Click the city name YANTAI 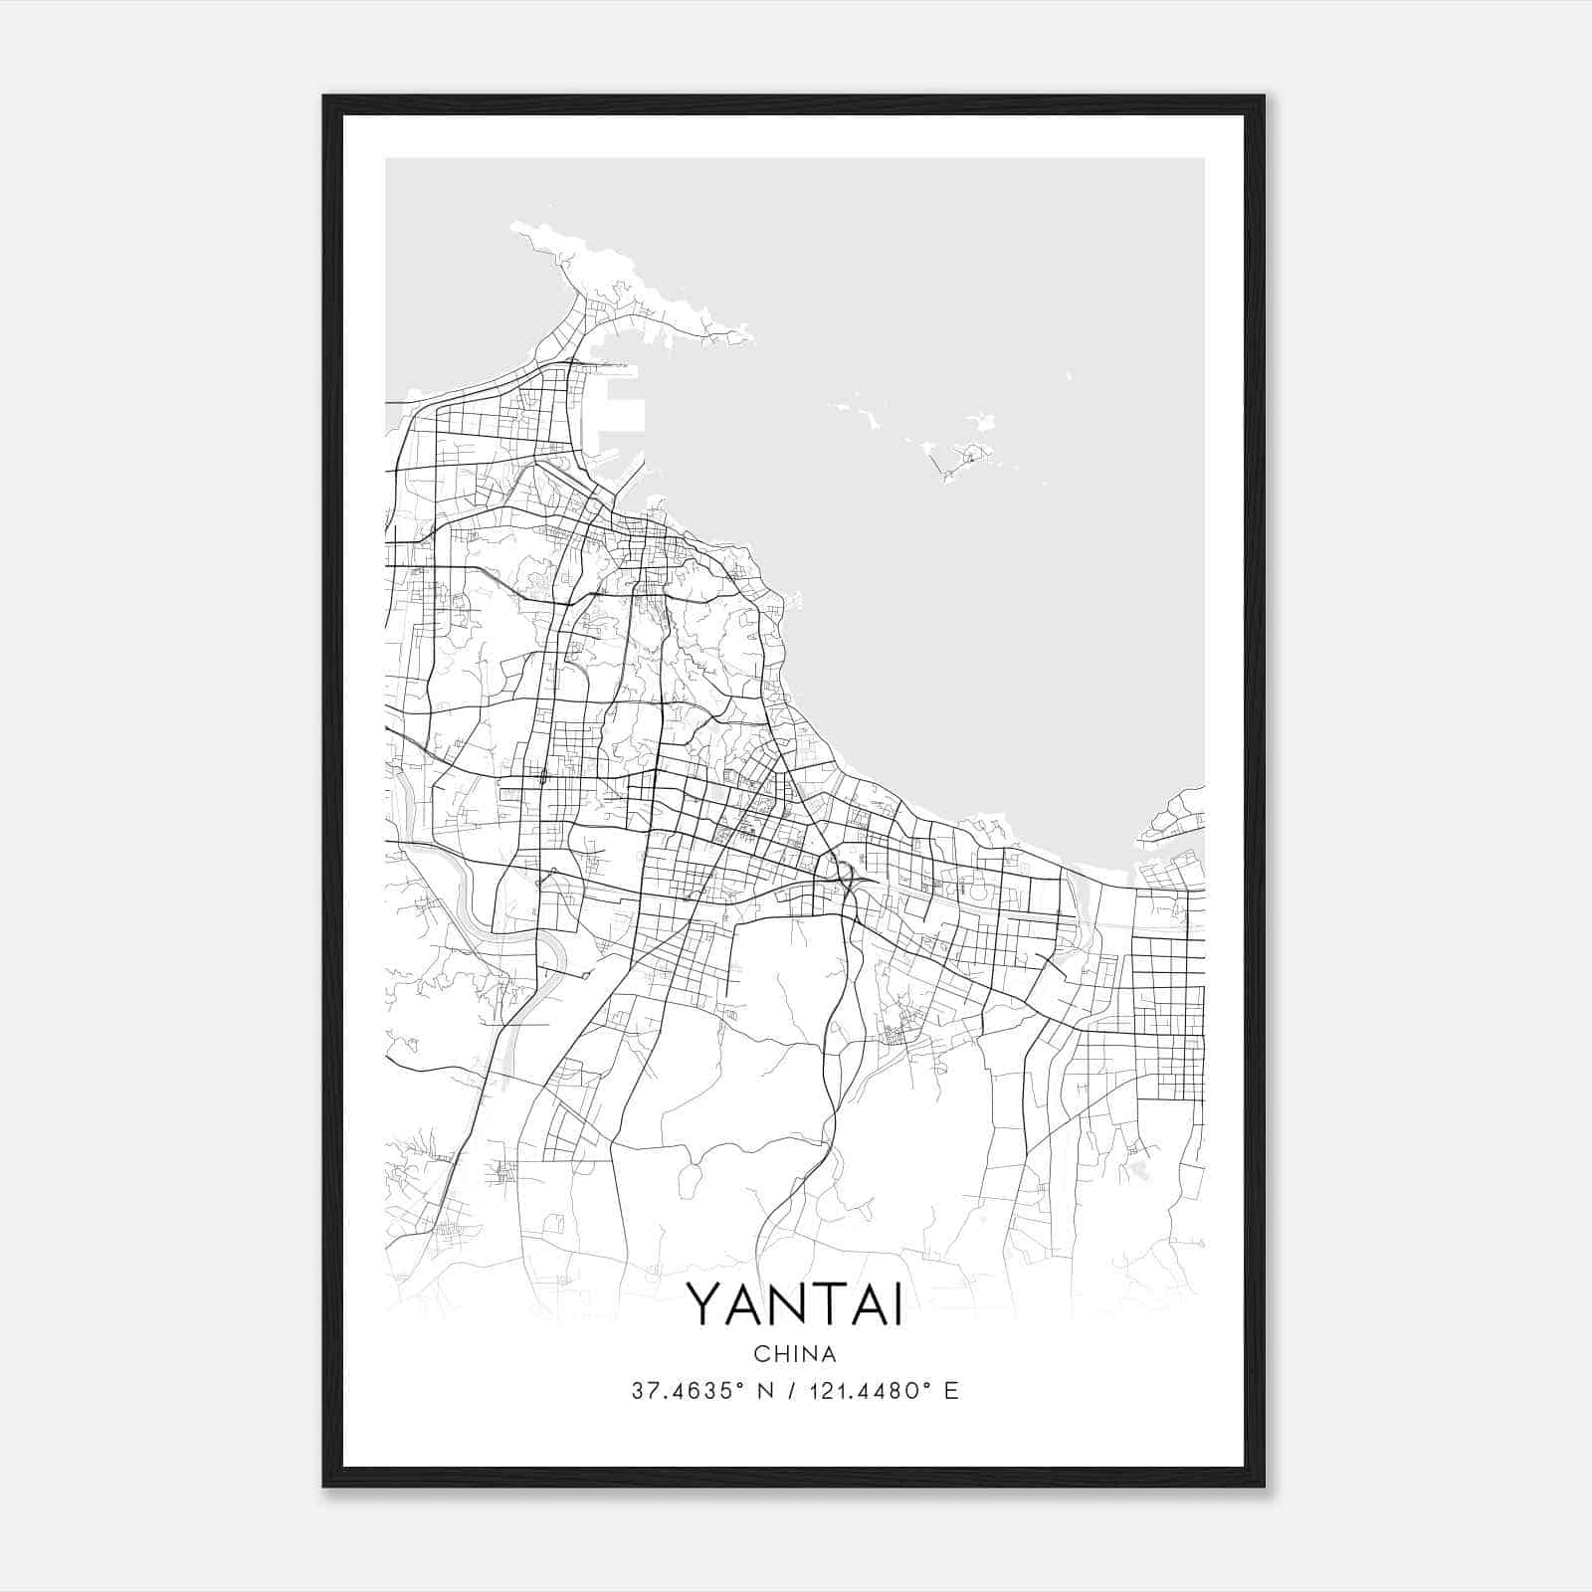click(795, 1305)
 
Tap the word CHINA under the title click(795, 1354)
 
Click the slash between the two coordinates click(790, 1391)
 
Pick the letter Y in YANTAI click(704, 1305)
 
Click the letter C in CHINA click(761, 1354)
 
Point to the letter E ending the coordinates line click(952, 1391)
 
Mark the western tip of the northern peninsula click(515, 228)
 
